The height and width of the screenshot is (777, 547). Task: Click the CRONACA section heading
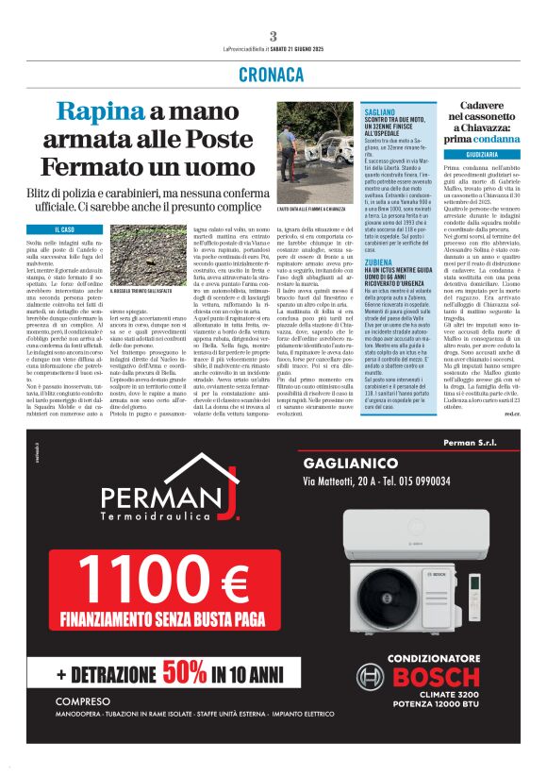(273, 74)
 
